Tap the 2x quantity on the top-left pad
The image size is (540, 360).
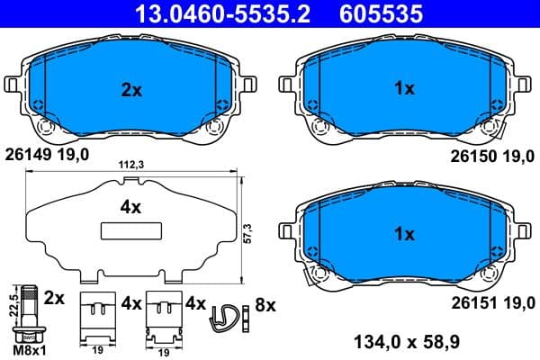(131, 89)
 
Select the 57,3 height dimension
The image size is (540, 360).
(246, 233)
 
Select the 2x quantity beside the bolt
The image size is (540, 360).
(54, 297)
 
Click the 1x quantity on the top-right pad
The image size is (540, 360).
(405, 89)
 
